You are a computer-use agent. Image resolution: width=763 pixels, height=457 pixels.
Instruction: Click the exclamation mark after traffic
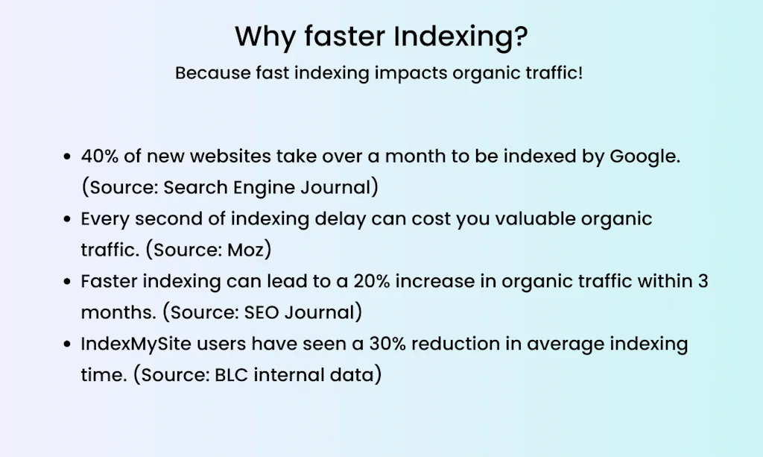click(580, 74)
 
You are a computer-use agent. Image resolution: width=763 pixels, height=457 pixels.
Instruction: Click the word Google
click(642, 157)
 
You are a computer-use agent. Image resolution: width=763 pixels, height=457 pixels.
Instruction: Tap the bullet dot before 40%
click(67, 158)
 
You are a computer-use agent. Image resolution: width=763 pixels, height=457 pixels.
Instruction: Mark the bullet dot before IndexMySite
click(67, 345)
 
